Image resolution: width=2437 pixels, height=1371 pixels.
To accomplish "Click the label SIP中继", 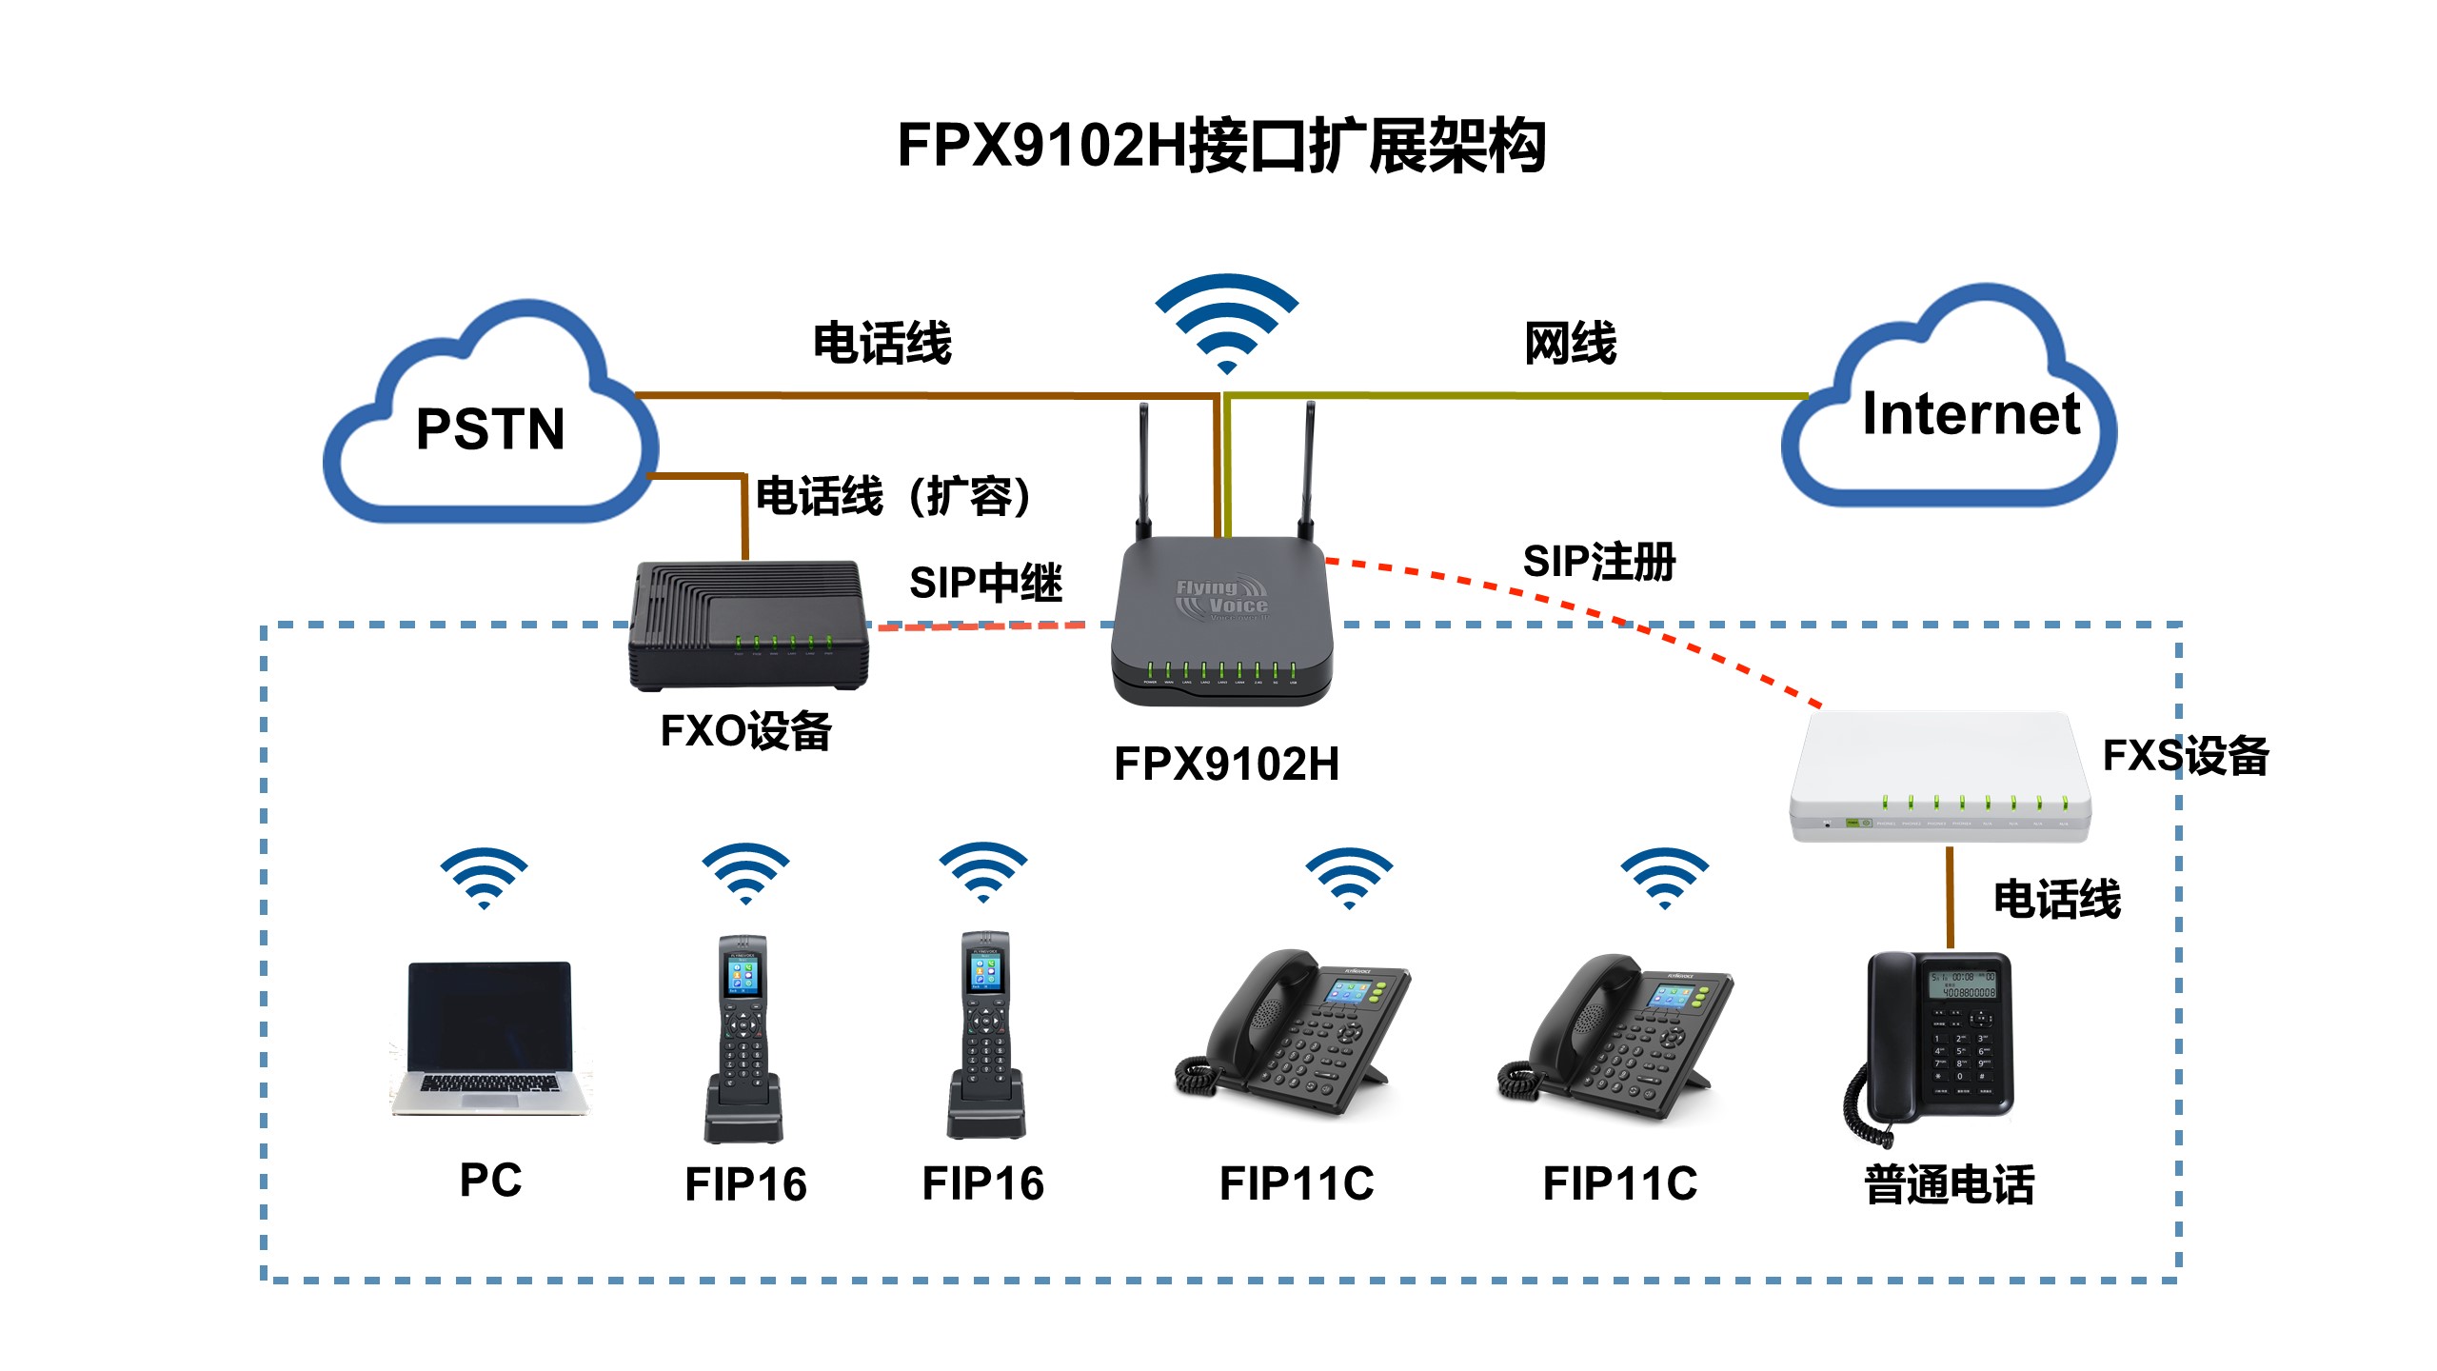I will (x=985, y=583).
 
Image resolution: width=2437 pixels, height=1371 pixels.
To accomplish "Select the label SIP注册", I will (x=1599, y=562).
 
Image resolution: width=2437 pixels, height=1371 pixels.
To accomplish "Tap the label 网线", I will (x=1570, y=343).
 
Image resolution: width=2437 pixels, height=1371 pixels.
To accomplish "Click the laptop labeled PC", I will (x=489, y=1038).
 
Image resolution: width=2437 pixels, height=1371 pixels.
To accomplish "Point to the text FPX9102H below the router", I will (x=1226, y=764).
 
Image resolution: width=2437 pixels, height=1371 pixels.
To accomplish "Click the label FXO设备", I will (x=745, y=731).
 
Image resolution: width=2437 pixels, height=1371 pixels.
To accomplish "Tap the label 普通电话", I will (x=1949, y=1185).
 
